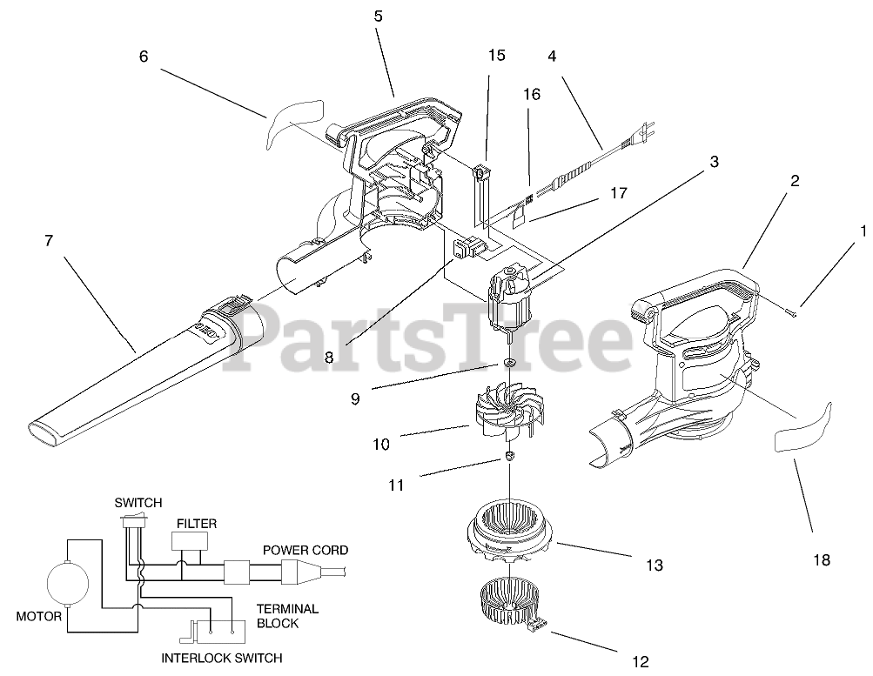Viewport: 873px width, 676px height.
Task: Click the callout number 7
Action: (49, 241)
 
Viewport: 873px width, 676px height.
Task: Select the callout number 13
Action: (654, 566)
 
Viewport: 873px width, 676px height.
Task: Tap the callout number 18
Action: (822, 560)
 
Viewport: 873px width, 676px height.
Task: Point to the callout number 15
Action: (496, 56)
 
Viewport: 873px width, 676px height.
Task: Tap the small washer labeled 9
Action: (508, 362)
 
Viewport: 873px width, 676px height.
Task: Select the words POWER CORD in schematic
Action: (306, 551)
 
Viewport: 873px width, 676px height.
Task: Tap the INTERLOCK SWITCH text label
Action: (221, 658)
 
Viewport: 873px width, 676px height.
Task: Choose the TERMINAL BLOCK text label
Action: (287, 616)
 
